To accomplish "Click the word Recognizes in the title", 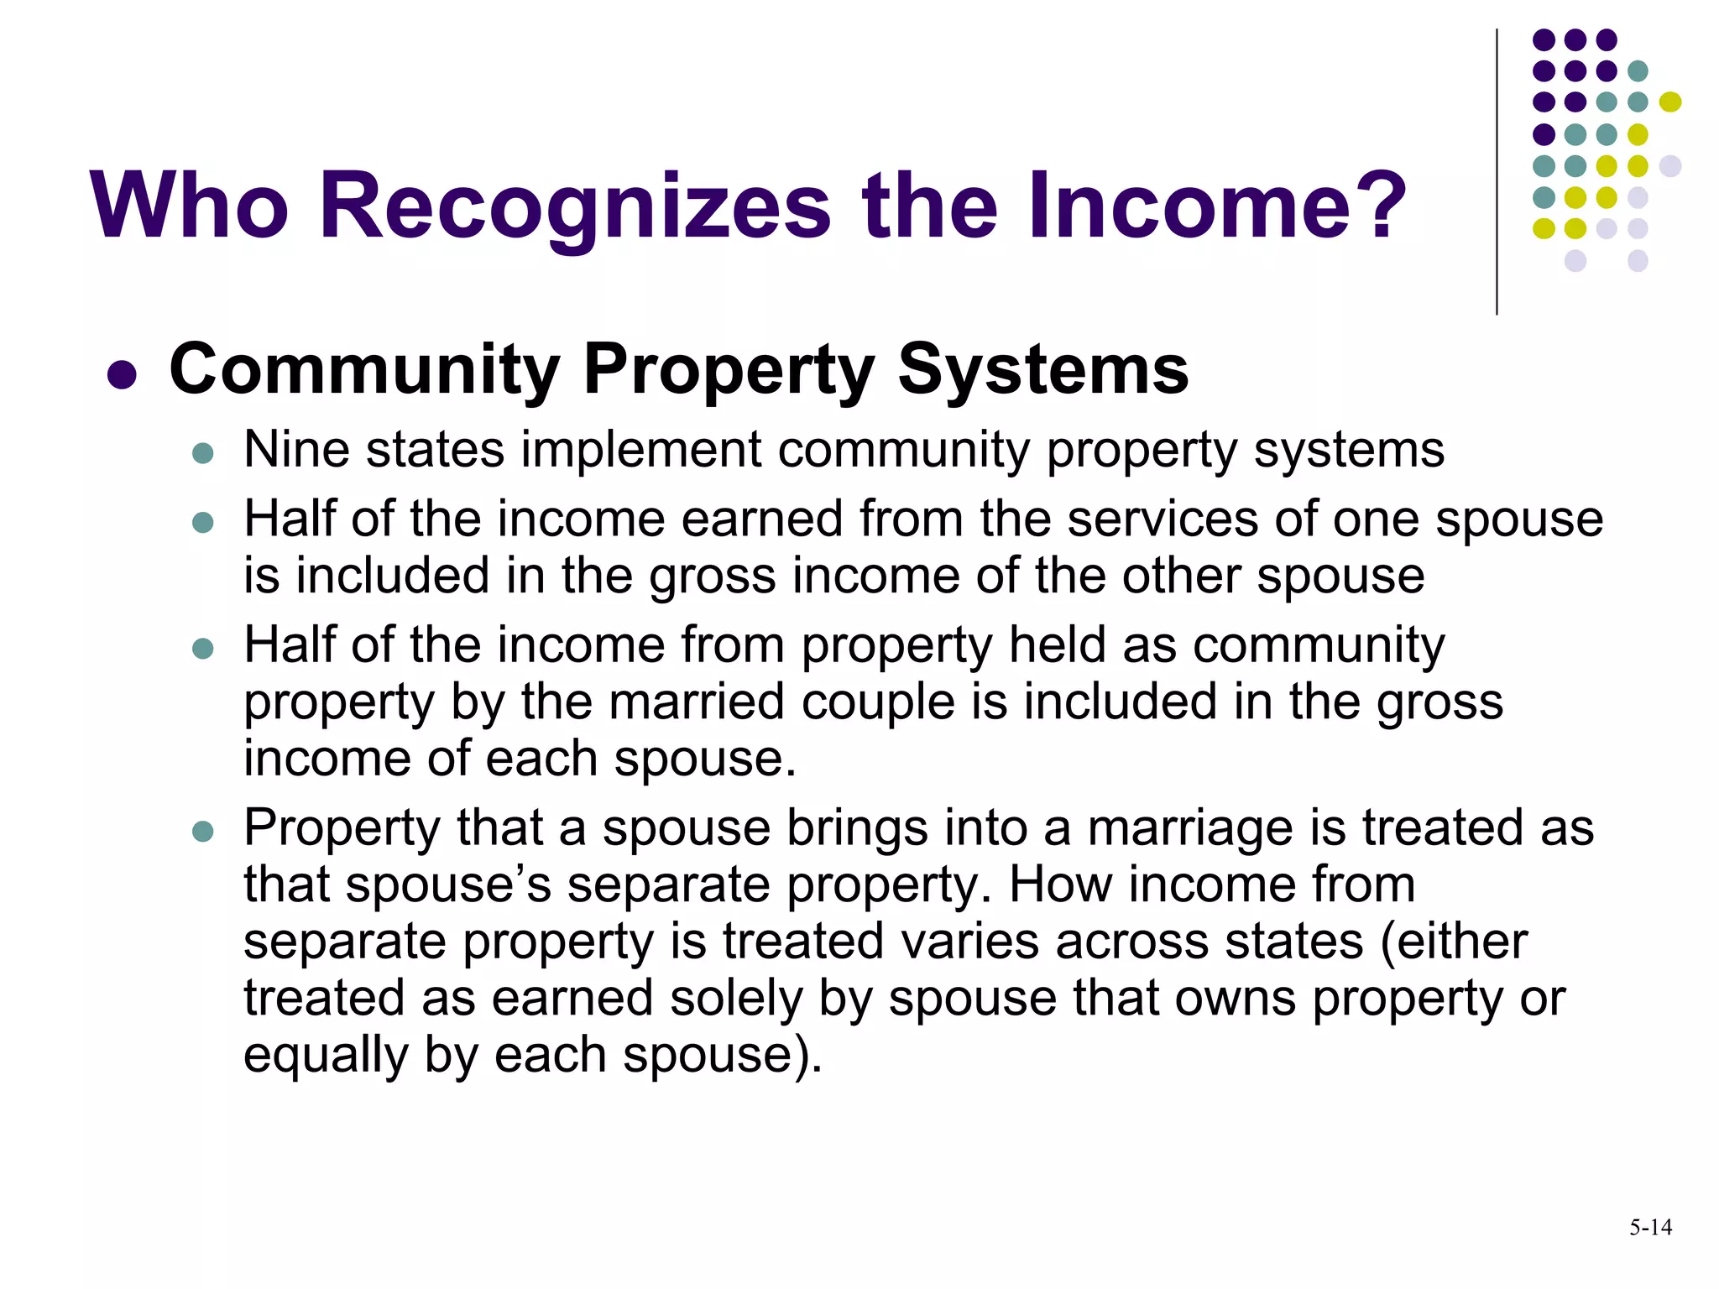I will tap(576, 206).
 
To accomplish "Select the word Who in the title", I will tap(190, 205).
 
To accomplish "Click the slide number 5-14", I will tap(1650, 1228).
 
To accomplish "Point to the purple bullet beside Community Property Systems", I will tap(123, 374).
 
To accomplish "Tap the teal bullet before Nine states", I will tap(203, 454).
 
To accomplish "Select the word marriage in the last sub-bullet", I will tap(1192, 829).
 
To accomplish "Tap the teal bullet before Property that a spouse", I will tap(203, 832).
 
